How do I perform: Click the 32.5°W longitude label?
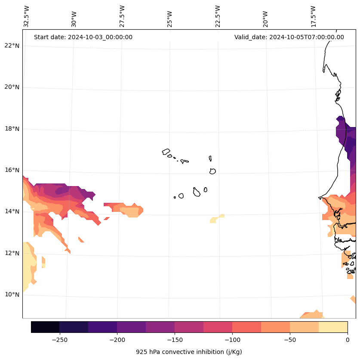point(27,16)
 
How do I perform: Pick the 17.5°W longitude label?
point(314,16)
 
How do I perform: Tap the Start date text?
point(83,37)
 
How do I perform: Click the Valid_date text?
point(289,37)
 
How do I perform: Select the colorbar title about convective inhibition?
point(189,352)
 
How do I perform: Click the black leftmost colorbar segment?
point(45,327)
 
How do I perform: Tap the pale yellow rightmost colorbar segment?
point(333,327)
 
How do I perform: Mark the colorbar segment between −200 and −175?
point(131,327)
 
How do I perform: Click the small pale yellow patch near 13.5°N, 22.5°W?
point(216,219)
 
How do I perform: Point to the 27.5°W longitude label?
point(122,16)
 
